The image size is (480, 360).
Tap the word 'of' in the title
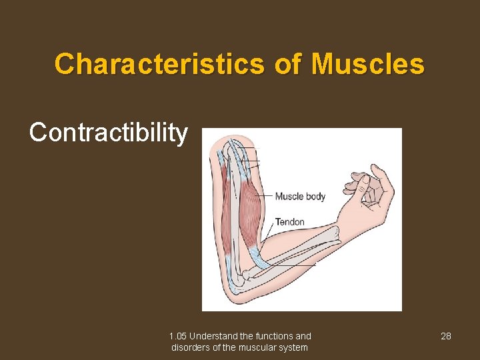pyautogui.click(x=287, y=65)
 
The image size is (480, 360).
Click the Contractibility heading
pyautogui.click(x=109, y=133)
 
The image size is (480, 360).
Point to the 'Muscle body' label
pyautogui.click(x=300, y=196)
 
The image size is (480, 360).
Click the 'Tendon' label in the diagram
pyautogui.click(x=289, y=222)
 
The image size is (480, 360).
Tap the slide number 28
pyautogui.click(x=446, y=336)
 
